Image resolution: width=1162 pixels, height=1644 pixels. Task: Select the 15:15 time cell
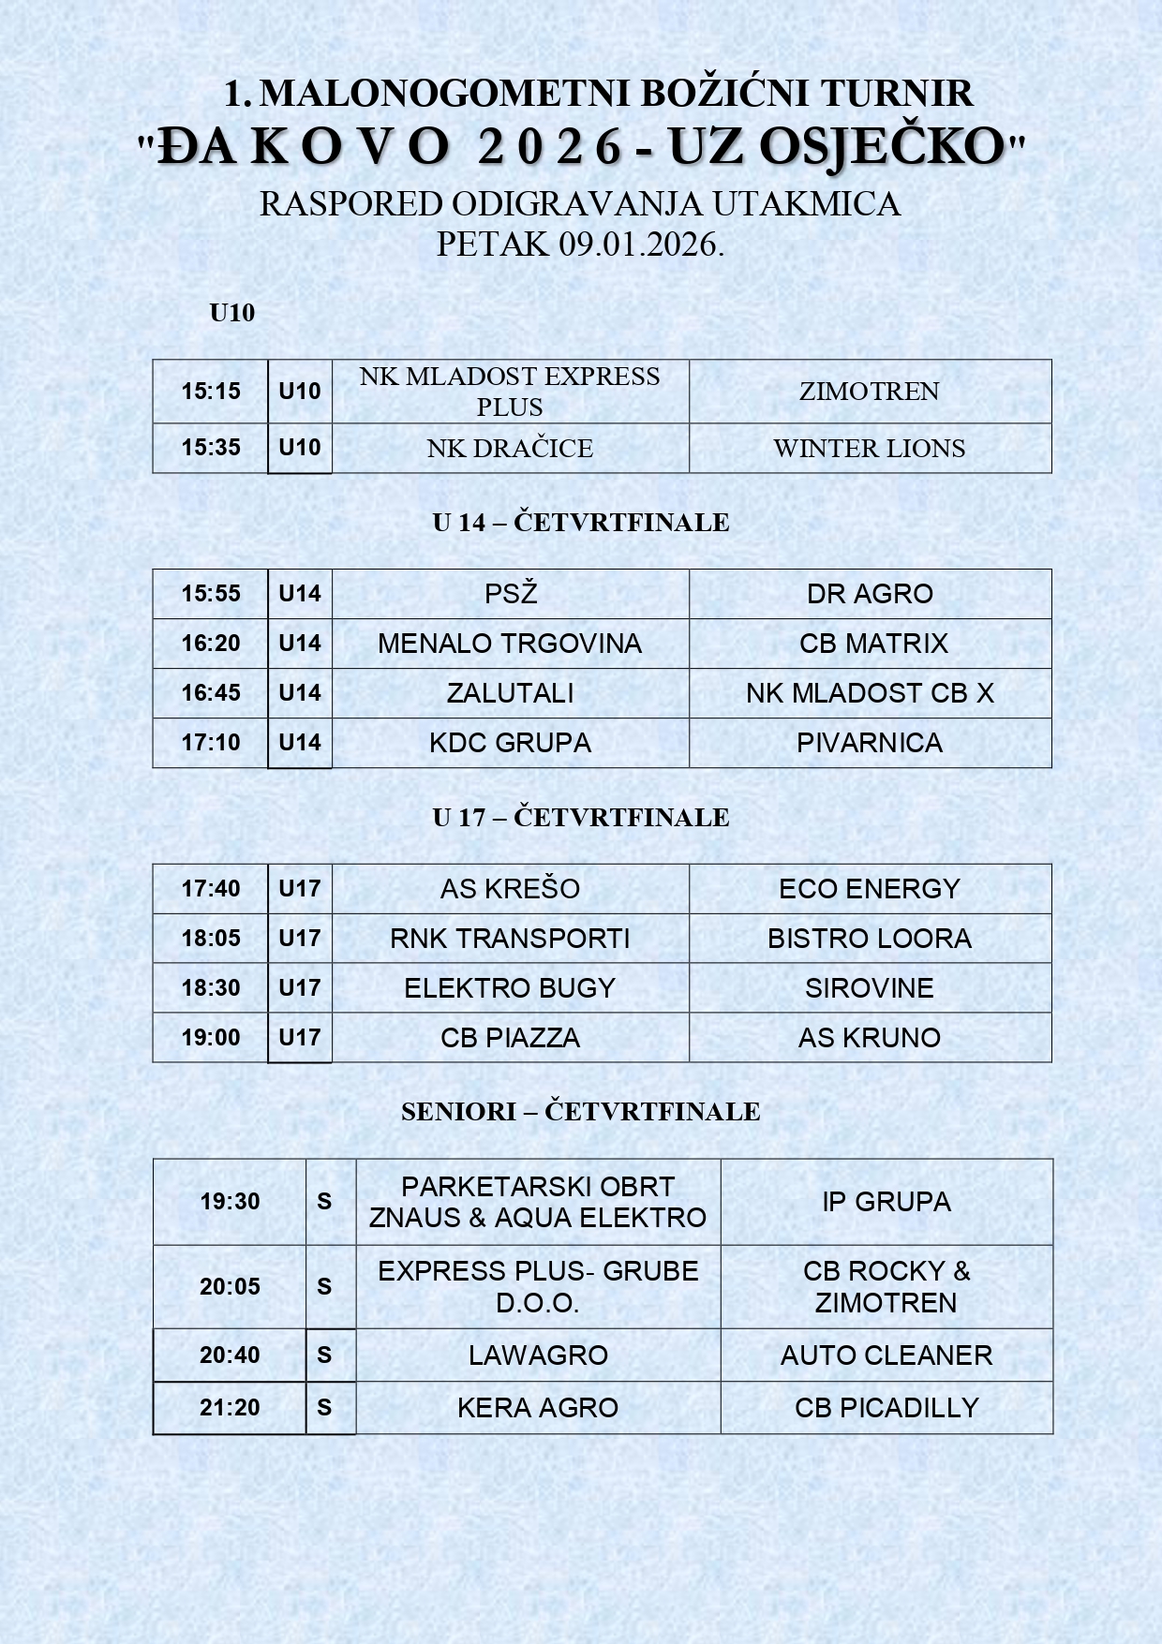211,391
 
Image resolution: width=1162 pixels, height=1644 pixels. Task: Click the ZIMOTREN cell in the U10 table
870,391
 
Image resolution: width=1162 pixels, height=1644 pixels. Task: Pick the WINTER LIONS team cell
870,448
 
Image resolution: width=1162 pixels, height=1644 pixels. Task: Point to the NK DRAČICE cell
510,448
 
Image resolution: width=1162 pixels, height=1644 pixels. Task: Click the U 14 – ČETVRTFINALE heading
581,522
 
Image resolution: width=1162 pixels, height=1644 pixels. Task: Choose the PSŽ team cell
511,593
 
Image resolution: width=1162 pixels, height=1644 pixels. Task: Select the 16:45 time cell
211,692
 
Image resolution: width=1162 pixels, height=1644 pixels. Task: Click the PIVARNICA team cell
870,742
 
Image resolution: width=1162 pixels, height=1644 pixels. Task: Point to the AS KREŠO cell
511,888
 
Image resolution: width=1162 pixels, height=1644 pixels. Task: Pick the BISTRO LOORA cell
870,938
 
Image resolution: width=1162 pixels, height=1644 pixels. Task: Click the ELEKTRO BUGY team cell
510,987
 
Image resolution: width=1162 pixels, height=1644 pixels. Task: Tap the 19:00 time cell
211,1037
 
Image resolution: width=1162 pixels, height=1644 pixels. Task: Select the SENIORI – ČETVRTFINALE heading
581,1111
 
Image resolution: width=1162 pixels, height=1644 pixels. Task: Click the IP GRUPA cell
886,1201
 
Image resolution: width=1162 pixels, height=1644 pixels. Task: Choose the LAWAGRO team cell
538,1355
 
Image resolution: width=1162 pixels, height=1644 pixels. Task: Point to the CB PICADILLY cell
886,1407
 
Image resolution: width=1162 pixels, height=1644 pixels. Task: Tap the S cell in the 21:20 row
324,1407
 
